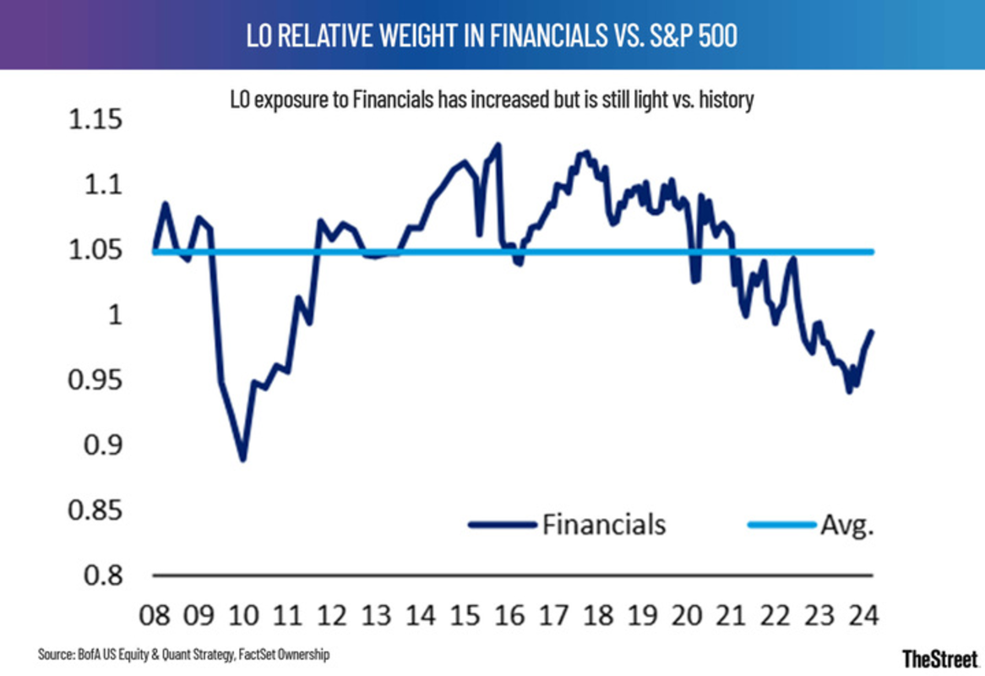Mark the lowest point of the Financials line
click(243, 460)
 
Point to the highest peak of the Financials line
click(498, 144)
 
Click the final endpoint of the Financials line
click(873, 331)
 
